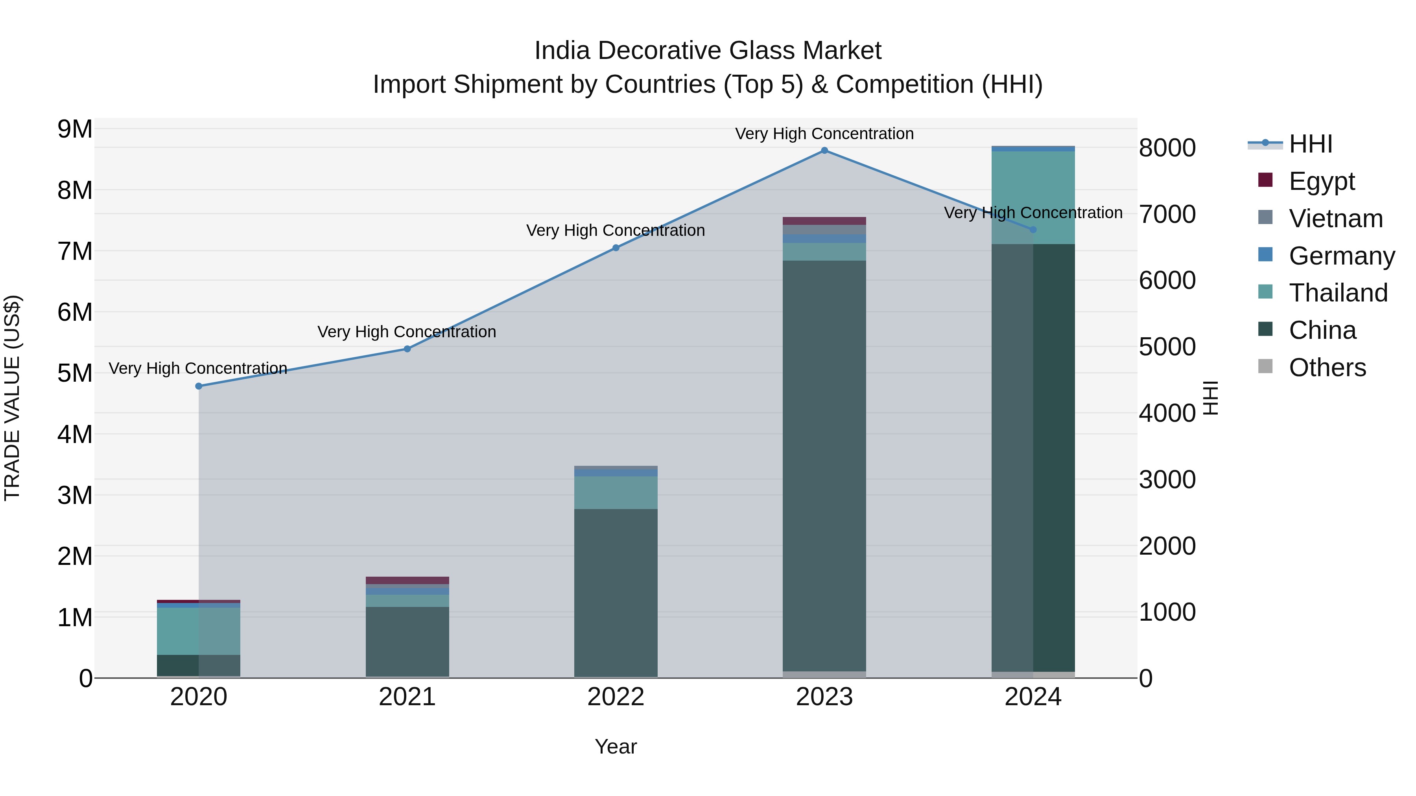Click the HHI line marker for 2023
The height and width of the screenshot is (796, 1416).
[x=824, y=151]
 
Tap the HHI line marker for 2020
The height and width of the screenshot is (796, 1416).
[x=199, y=386]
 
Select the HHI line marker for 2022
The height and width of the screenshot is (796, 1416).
[x=616, y=248]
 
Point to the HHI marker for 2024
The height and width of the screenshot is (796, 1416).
[x=1033, y=230]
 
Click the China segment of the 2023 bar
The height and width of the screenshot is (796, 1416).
[x=824, y=467]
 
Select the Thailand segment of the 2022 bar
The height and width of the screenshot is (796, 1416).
[x=616, y=493]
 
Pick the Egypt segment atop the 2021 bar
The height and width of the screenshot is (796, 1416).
[x=407, y=580]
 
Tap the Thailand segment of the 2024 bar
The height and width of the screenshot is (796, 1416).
[x=1033, y=198]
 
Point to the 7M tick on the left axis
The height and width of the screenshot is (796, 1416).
[x=75, y=252]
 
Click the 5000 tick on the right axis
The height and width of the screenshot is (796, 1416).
[x=1167, y=347]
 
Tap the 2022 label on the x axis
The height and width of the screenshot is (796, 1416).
[x=616, y=697]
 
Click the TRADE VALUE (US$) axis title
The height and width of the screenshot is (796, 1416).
[x=12, y=398]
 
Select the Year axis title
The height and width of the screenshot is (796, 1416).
[x=616, y=746]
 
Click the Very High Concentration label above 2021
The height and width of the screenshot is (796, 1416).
[x=407, y=332]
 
